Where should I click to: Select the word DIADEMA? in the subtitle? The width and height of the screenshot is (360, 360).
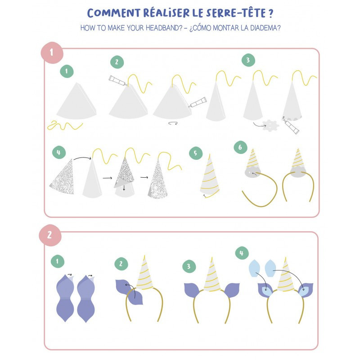pos(265,28)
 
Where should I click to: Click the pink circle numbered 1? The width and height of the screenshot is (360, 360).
pos(52,53)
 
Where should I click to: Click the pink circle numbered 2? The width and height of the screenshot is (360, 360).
pos(50,235)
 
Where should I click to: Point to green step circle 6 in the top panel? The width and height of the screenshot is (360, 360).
pos(240,147)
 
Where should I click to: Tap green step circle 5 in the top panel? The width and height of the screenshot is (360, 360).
pos(196,153)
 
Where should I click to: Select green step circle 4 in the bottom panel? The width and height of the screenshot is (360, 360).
pos(242,253)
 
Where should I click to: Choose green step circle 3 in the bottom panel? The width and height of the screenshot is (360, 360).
pos(189,266)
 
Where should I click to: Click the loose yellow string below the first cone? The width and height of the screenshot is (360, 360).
pos(65,126)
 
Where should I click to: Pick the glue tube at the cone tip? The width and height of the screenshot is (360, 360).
pos(118,81)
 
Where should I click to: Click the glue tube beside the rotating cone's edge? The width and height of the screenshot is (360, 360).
pos(198,102)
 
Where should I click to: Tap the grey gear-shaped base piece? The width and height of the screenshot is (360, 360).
pos(271,126)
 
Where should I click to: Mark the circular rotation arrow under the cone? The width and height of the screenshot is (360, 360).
pos(173,123)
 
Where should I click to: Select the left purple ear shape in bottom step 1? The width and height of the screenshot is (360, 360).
pos(65,298)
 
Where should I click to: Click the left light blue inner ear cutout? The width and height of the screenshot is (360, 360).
pos(255,268)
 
